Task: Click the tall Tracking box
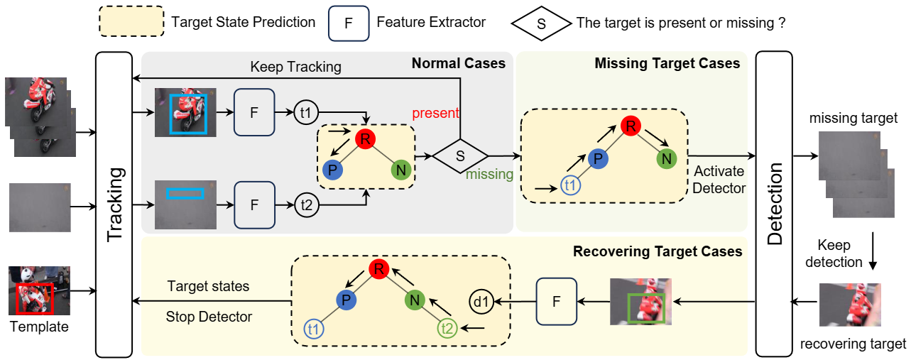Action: point(114,204)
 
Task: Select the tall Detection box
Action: point(774,203)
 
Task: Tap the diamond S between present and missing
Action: point(460,156)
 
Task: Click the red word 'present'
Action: point(435,113)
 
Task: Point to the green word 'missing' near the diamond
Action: point(489,174)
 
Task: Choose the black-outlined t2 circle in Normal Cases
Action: point(306,204)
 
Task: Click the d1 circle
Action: point(481,302)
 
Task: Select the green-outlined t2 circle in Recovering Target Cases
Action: point(447,328)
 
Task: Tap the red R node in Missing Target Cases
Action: point(631,126)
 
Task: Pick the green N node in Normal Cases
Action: point(401,170)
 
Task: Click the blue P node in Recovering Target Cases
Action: point(346,300)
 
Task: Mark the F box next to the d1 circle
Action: point(557,302)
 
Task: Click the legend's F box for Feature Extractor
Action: point(349,23)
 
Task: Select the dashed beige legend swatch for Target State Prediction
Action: point(131,21)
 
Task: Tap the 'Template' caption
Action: point(39,327)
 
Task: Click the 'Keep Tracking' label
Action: point(295,67)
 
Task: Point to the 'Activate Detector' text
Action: point(719,180)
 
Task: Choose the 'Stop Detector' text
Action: point(209,317)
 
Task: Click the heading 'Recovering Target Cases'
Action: point(658,251)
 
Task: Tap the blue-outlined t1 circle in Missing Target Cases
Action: point(570,185)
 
